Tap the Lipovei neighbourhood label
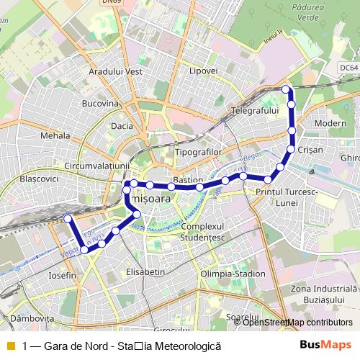[x=202, y=71]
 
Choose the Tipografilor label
[x=197, y=153]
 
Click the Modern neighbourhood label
[x=330, y=123]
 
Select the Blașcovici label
[x=38, y=177]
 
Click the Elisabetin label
[x=145, y=273]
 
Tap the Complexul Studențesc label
[x=204, y=231]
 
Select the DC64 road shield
[x=348, y=67]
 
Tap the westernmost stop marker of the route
[x=68, y=218]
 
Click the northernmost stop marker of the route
[x=286, y=89]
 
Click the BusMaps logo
[x=325, y=346]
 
